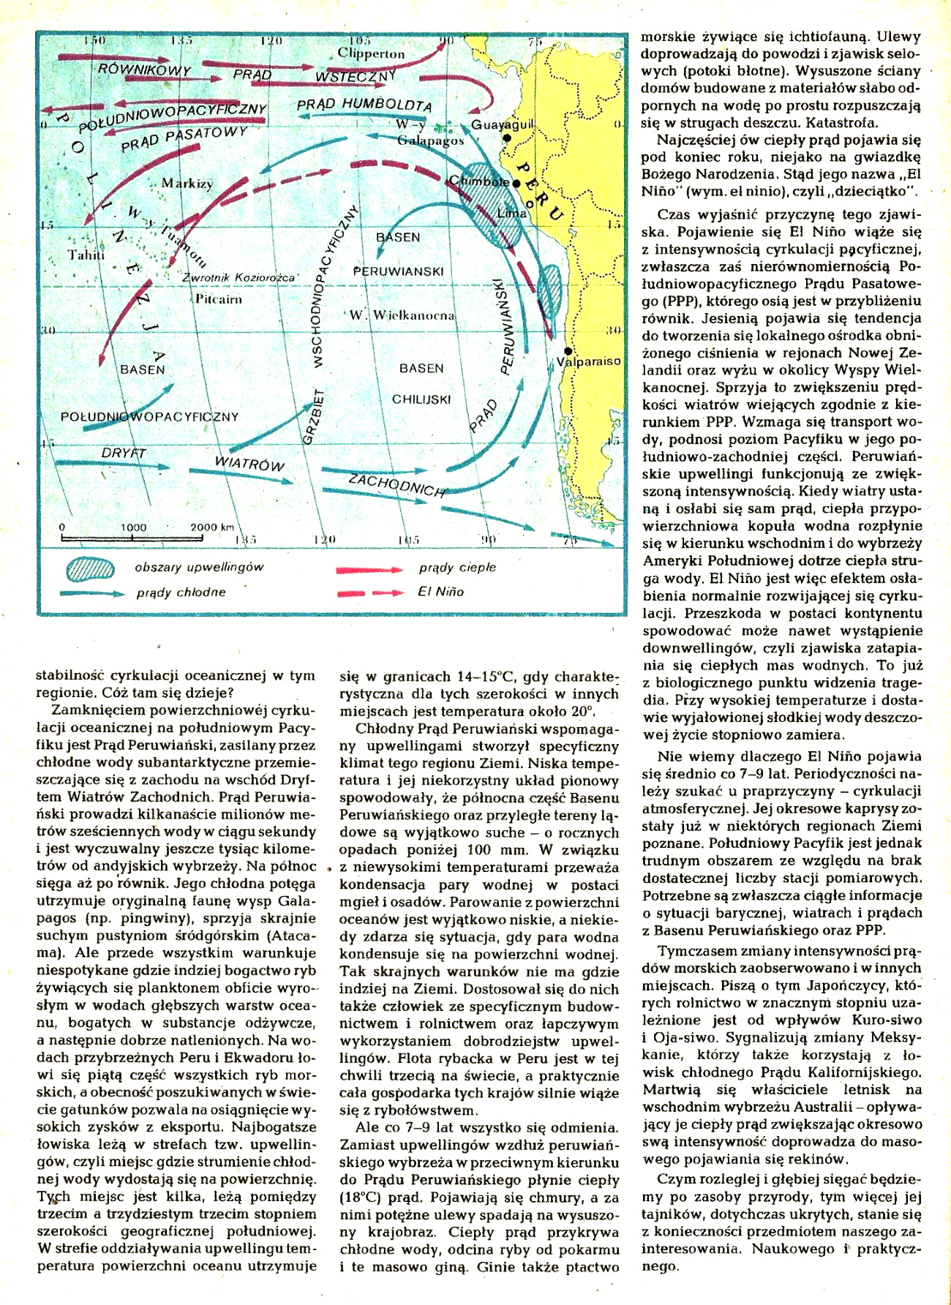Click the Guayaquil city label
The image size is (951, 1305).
click(x=502, y=124)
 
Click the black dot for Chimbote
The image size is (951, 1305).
click(x=516, y=183)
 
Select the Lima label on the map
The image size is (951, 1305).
click(x=511, y=214)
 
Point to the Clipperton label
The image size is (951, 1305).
click(x=371, y=53)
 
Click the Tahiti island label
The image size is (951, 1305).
click(x=86, y=255)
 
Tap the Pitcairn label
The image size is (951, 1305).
click(x=218, y=299)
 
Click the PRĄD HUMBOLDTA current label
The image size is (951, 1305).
click(x=364, y=105)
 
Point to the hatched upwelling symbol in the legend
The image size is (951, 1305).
click(x=90, y=569)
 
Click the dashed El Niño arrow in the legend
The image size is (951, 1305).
click(x=369, y=593)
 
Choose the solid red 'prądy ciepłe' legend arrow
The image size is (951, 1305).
click(x=369, y=568)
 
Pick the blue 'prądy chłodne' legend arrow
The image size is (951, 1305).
click(x=91, y=593)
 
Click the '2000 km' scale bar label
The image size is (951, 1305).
click(x=212, y=527)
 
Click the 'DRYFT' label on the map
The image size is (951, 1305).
click(x=124, y=453)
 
